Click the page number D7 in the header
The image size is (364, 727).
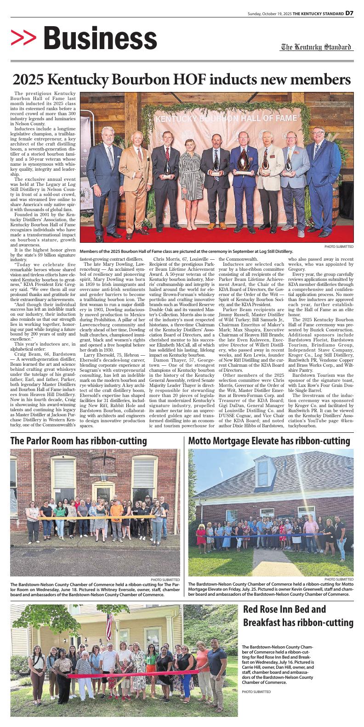pyautogui.click(x=349, y=13)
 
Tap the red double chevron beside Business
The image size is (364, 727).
pyautogui.click(x=23, y=39)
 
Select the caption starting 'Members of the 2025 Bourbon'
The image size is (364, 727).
pyautogui.click(x=186, y=251)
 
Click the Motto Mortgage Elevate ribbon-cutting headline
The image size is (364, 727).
pyautogui.click(x=269, y=441)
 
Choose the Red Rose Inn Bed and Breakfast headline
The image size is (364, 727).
pyautogui.click(x=298, y=616)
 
